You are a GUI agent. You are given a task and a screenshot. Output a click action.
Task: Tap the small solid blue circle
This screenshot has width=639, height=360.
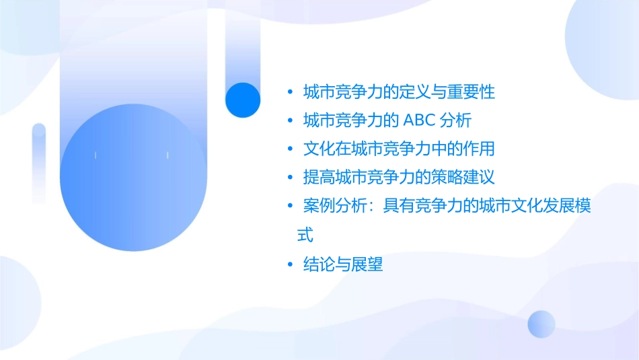[x=242, y=100]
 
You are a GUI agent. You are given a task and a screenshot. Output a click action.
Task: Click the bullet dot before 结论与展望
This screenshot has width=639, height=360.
[x=290, y=265]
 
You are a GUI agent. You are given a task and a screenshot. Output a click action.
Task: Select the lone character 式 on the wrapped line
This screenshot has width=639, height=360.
[x=305, y=235]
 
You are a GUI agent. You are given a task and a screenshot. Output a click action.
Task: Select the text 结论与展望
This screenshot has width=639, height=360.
[x=343, y=265]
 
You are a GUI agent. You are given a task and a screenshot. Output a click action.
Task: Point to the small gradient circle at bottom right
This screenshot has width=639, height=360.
[x=541, y=324]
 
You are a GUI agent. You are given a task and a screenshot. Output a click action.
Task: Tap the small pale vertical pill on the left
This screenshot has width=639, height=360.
[x=39, y=164]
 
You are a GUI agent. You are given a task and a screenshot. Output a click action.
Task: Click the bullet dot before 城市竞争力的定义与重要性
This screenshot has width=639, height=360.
[x=290, y=92]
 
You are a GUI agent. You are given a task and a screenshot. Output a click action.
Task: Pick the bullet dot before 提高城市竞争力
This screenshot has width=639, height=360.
[x=290, y=178]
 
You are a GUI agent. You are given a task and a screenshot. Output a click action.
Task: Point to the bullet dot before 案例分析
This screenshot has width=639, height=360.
[x=290, y=207]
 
